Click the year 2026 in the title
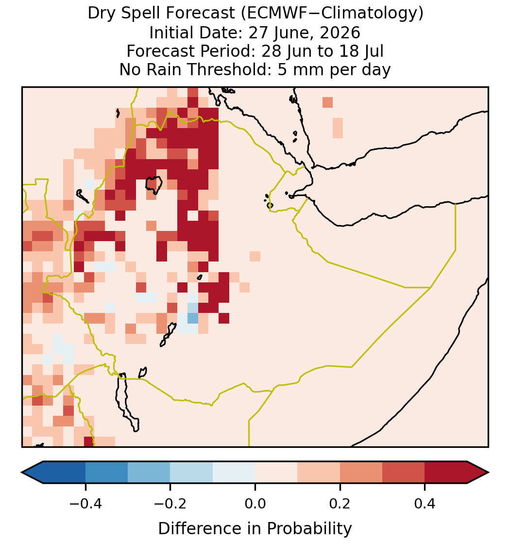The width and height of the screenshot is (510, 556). pyautogui.click(x=340, y=33)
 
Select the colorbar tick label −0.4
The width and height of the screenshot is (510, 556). pyautogui.click(x=85, y=504)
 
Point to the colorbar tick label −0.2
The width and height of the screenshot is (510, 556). pyautogui.click(x=170, y=504)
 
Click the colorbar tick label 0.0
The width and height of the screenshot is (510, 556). pyautogui.click(x=255, y=504)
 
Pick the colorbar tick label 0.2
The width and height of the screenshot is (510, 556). pyautogui.click(x=340, y=504)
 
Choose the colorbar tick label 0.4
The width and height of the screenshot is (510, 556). pyautogui.click(x=425, y=504)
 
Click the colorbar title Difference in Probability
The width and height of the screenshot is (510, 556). pyautogui.click(x=255, y=529)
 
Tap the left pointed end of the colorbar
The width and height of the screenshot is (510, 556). pyautogui.click(x=22, y=473)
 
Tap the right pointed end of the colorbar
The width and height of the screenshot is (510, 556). pyautogui.click(x=489, y=473)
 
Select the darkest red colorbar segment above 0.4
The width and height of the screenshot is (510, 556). pyautogui.click(x=446, y=473)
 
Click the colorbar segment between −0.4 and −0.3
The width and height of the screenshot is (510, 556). pyautogui.click(x=106, y=473)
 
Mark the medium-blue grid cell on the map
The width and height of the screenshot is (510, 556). pyautogui.click(x=193, y=318)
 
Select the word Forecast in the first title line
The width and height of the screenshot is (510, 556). pyautogui.click(x=200, y=14)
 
